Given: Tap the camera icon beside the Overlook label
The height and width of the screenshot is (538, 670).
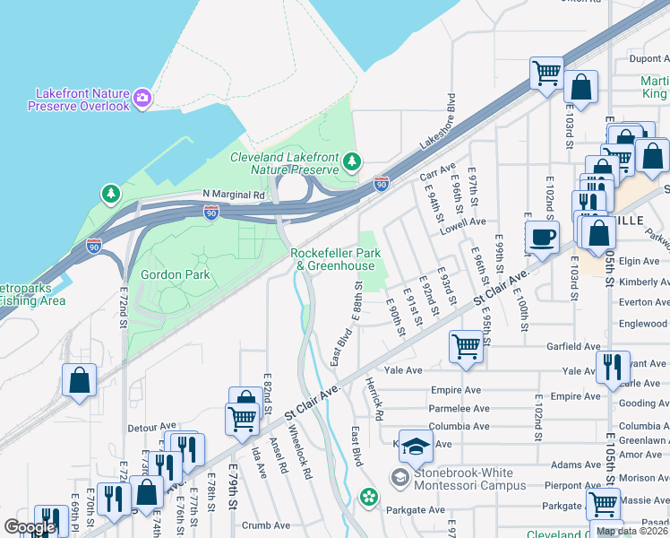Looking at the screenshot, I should coord(142,95).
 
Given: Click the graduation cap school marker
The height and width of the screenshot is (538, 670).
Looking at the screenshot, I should coord(416,445).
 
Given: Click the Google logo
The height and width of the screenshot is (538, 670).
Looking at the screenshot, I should coord(30,527).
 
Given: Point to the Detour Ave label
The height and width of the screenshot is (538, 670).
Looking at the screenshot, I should coord(152,426).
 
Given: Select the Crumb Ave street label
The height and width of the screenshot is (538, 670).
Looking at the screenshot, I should coord(270,525).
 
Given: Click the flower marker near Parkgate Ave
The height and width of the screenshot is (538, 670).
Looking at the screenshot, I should coord(367,496).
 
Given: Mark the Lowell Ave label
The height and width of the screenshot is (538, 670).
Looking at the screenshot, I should coord(462,221).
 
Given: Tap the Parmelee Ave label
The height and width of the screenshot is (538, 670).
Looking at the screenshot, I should coord(460,408).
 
